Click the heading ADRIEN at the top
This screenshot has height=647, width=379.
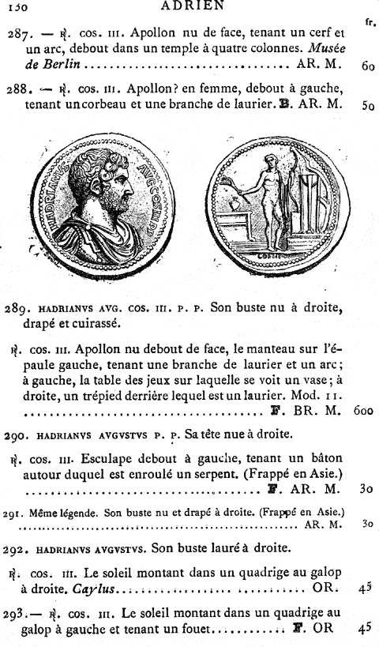pos(191,6)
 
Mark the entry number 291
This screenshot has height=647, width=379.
pos(13,512)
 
